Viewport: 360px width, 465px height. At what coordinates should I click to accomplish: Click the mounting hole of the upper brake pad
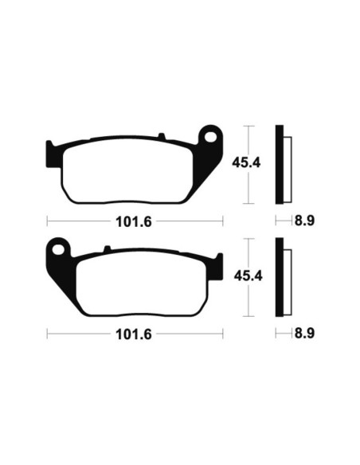pyautogui.click(x=211, y=135)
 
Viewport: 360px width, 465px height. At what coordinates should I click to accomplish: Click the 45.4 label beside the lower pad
pyautogui.click(x=246, y=276)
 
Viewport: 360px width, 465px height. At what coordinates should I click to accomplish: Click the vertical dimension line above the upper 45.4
pyautogui.click(x=251, y=139)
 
